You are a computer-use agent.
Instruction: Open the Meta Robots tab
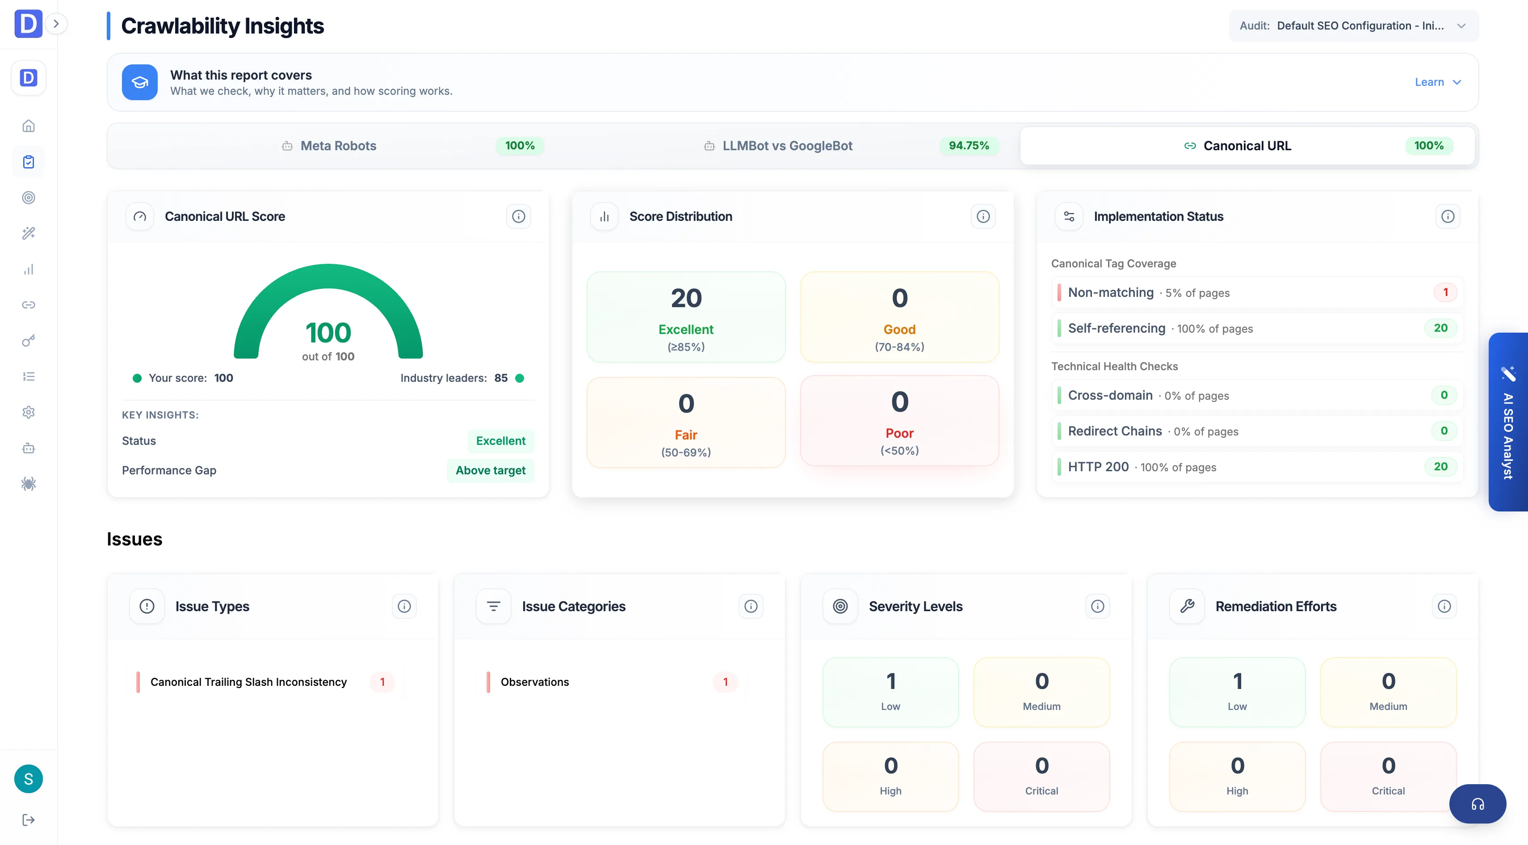click(338, 146)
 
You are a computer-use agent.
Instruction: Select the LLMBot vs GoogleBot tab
click(787, 146)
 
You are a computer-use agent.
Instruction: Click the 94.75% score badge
click(969, 146)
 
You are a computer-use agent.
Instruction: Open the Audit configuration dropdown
click(1354, 25)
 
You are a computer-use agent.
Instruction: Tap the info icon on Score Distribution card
click(983, 216)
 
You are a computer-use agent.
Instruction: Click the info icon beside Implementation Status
click(1448, 216)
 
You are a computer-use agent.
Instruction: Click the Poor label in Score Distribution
click(899, 433)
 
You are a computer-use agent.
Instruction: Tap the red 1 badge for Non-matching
click(1445, 292)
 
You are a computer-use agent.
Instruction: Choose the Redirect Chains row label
click(1115, 431)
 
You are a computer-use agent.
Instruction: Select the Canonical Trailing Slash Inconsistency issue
click(248, 682)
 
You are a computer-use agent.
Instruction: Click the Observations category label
click(534, 682)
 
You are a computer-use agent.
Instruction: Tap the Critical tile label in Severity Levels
click(1041, 791)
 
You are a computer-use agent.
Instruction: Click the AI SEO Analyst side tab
click(1508, 422)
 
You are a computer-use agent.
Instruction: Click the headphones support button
click(1477, 804)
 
